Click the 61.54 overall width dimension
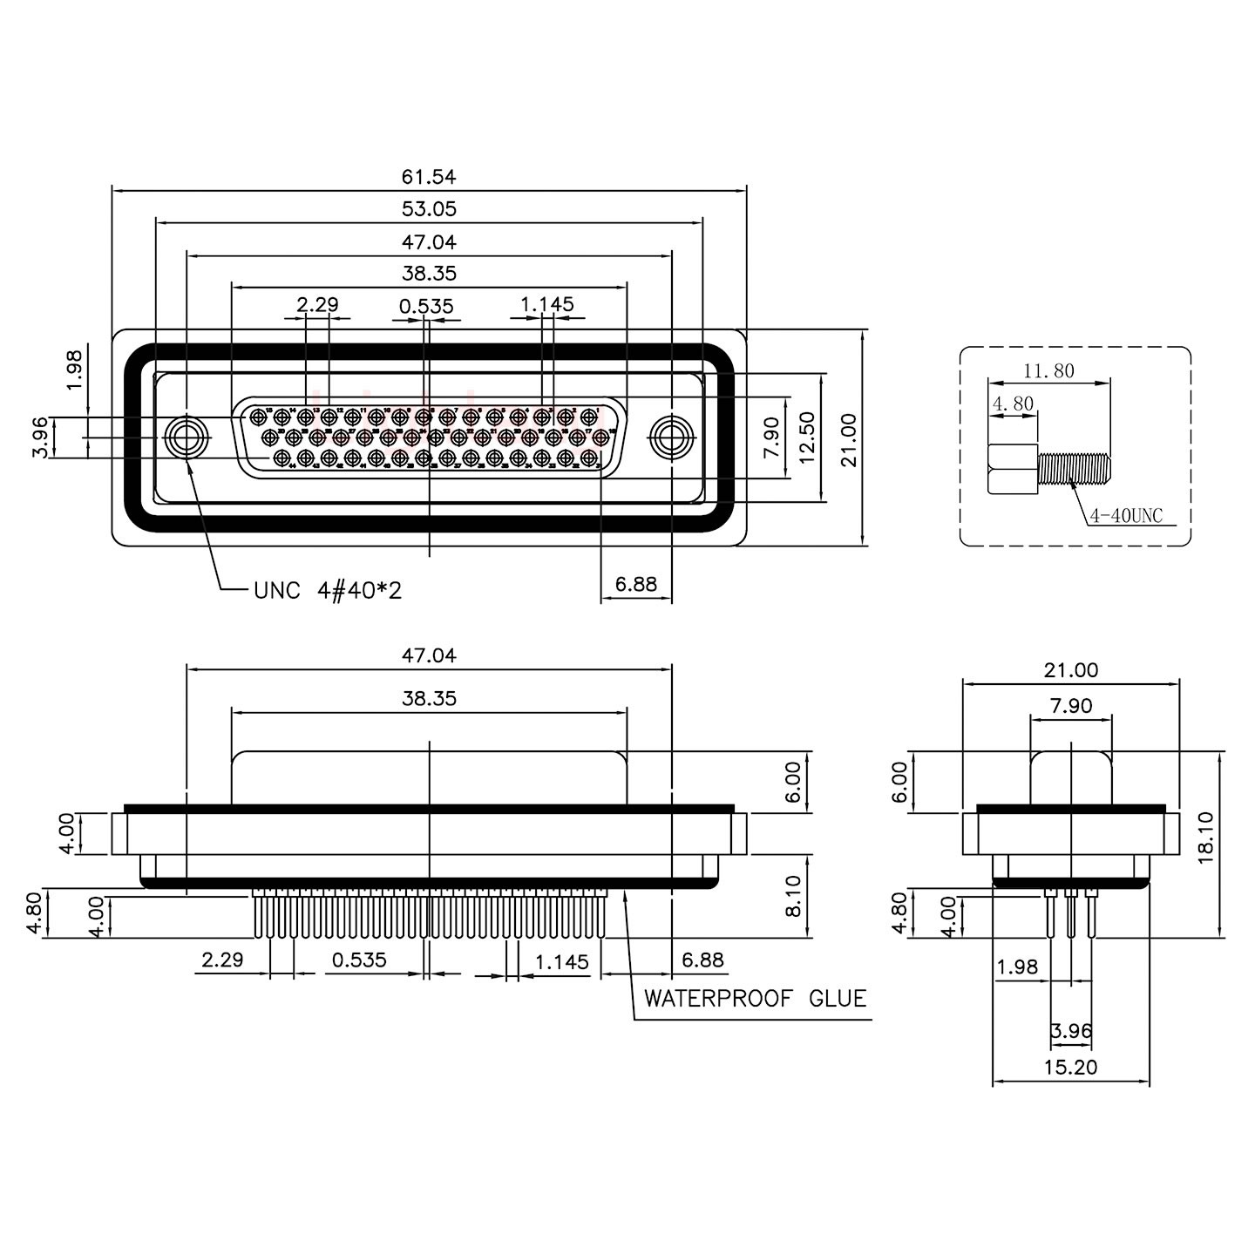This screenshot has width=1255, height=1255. (428, 177)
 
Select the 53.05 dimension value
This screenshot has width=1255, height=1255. (428, 209)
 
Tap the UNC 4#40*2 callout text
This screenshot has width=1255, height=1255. (328, 591)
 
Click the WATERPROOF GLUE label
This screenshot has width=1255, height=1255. (755, 998)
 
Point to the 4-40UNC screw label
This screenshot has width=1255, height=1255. (1126, 515)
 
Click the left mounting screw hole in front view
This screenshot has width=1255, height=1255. (186, 436)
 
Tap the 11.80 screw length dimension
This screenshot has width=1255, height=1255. (1048, 370)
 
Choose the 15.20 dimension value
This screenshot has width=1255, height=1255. (1070, 1067)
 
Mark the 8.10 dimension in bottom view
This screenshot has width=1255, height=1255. (791, 896)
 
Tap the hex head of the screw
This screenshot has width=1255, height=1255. (1013, 469)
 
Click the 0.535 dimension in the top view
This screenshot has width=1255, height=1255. (426, 306)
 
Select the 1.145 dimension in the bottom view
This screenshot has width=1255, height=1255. (562, 961)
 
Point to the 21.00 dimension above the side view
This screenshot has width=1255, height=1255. (1070, 670)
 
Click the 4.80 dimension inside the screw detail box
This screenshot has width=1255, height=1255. (1012, 404)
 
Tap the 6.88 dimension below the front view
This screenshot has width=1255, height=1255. (636, 583)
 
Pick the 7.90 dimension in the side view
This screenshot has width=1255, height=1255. (1070, 705)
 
